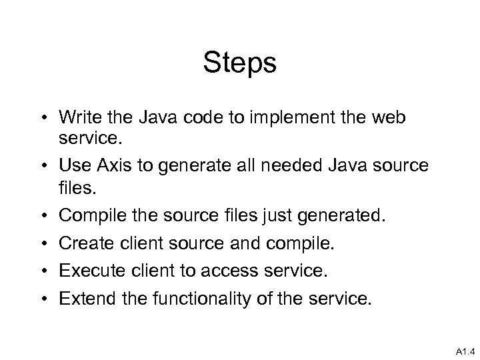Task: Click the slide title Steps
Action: coord(240,64)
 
